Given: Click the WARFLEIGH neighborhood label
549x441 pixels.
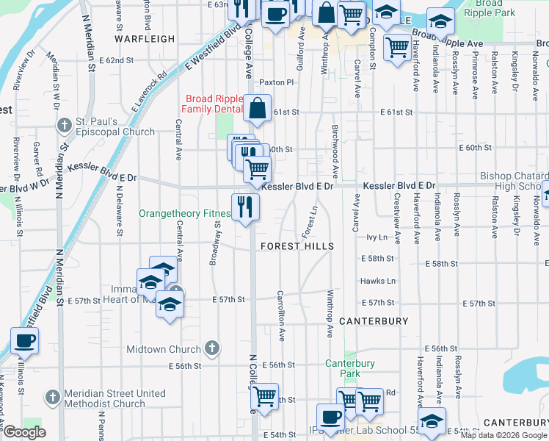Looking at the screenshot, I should (x=145, y=39).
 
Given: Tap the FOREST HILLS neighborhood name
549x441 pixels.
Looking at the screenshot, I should (x=297, y=247).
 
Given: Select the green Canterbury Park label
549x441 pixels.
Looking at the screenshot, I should (x=350, y=368).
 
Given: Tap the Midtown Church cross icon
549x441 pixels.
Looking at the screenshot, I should (x=211, y=348).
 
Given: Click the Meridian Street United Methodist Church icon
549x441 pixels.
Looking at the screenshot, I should (x=52, y=398).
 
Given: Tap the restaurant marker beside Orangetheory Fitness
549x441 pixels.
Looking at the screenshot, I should (x=245, y=206).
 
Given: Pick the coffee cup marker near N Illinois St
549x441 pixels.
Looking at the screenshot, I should (x=24, y=341).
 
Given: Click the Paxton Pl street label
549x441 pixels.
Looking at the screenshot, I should (x=277, y=83).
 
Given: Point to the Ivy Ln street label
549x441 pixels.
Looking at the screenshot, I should (x=376, y=237).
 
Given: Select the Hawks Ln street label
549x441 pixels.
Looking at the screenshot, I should (x=377, y=282).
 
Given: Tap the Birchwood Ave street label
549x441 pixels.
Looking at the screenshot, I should (x=335, y=161).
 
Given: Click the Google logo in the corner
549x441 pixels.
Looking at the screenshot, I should (x=24, y=432).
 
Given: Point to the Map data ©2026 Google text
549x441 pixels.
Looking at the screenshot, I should (x=503, y=435).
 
